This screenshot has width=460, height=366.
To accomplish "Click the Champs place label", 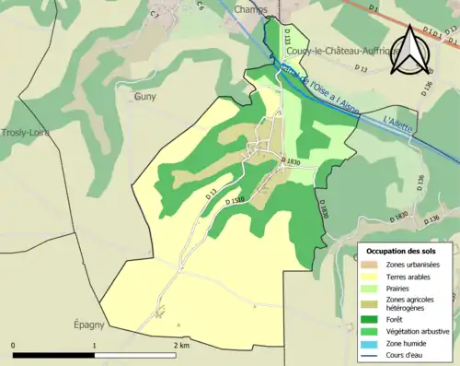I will (x=250, y=8).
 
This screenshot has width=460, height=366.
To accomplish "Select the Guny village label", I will (x=145, y=95).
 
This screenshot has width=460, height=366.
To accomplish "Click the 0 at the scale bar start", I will (x=14, y=345).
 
